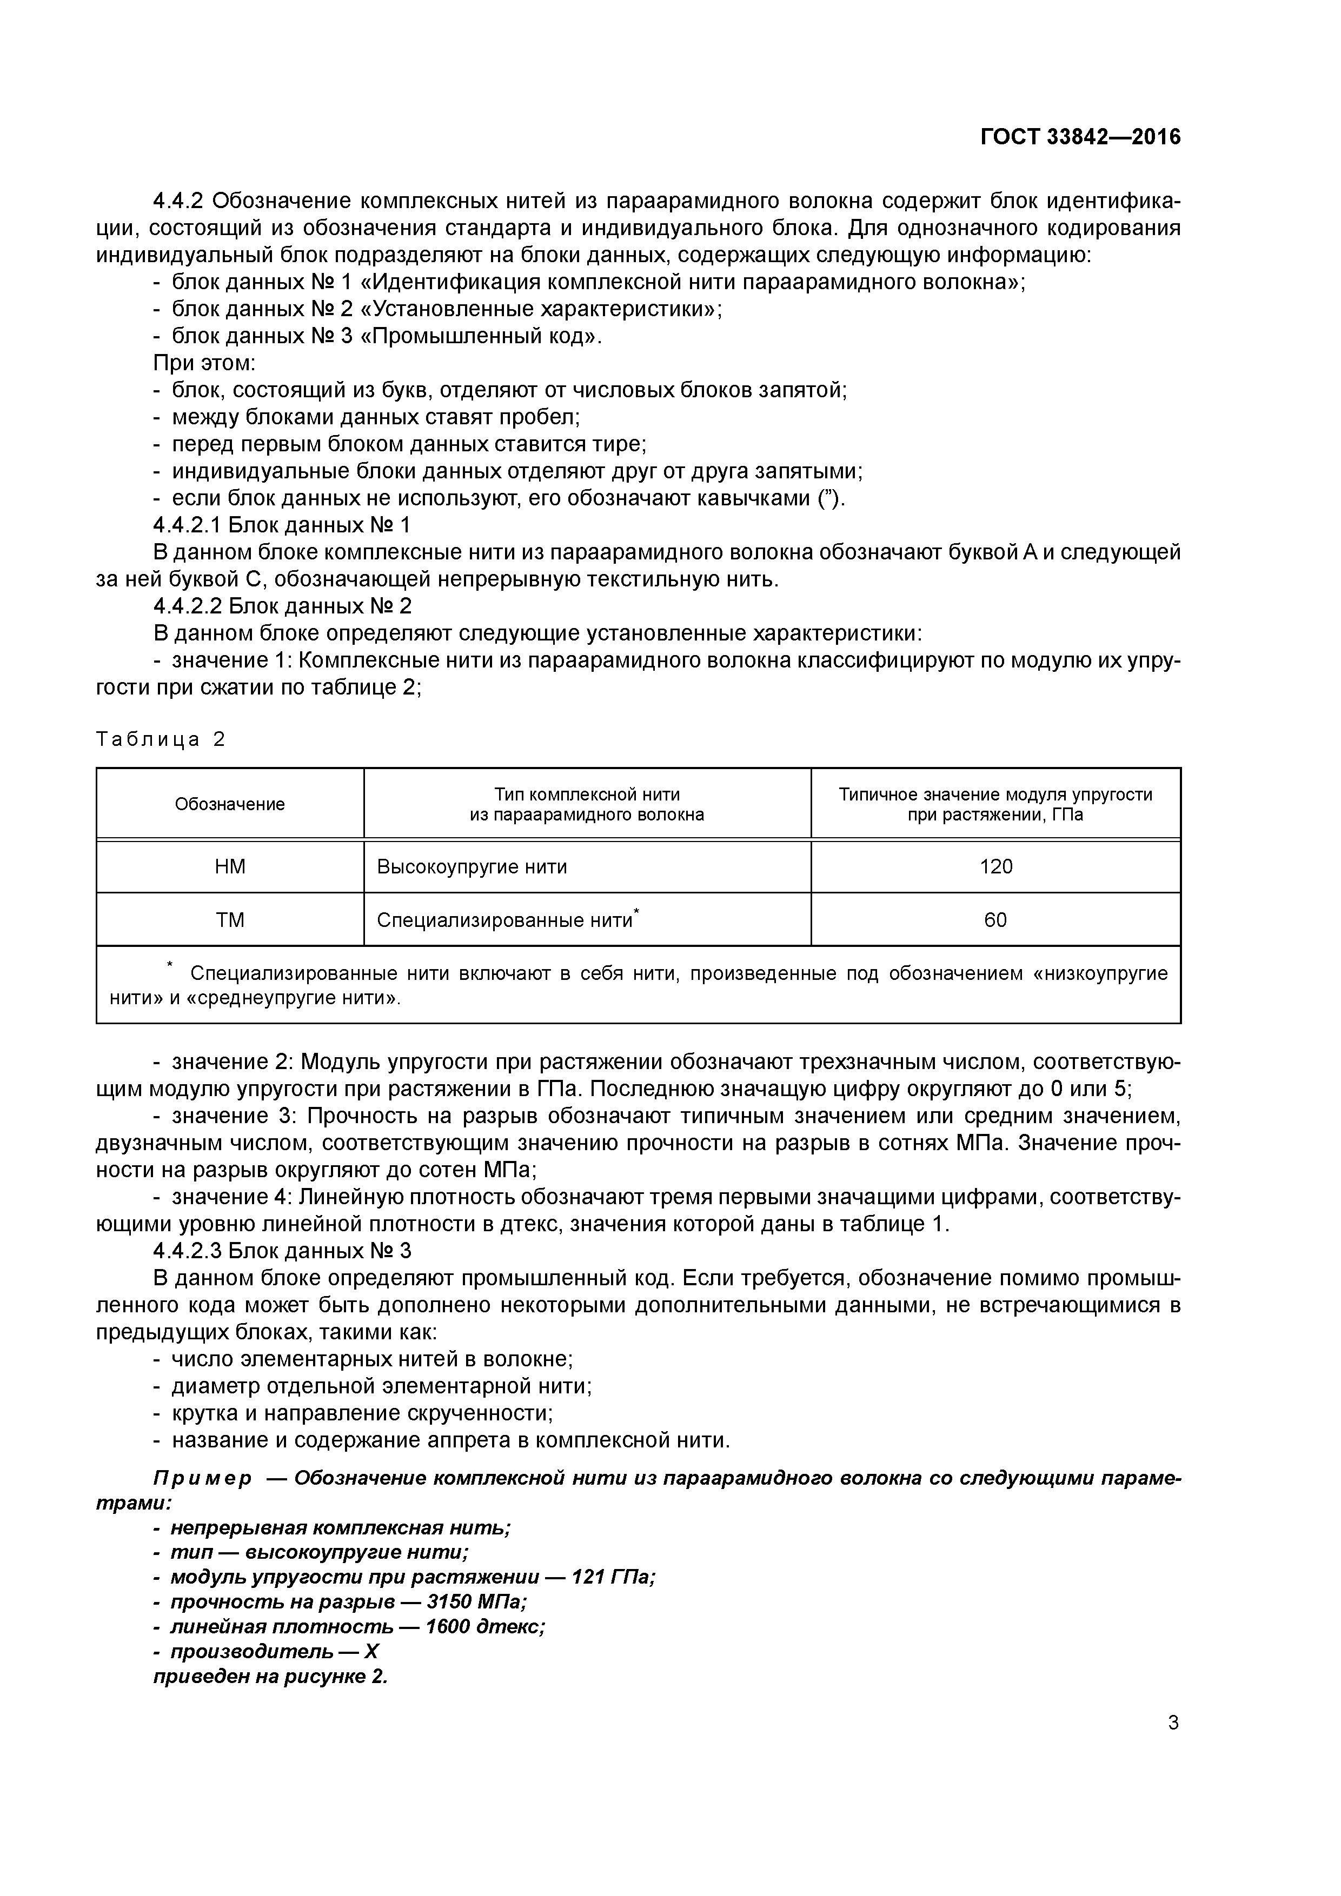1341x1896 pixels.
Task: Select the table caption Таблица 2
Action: tap(160, 739)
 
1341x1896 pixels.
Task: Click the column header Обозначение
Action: tap(230, 804)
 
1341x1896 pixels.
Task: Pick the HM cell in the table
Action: tap(230, 866)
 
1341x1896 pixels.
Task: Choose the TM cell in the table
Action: tap(230, 920)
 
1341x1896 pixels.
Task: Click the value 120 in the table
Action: tap(995, 866)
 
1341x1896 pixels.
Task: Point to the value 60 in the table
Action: tap(995, 920)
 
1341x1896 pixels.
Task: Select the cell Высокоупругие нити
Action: tap(472, 866)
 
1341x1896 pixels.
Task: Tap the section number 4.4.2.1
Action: tap(187, 525)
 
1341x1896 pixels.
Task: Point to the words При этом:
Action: tap(205, 363)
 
